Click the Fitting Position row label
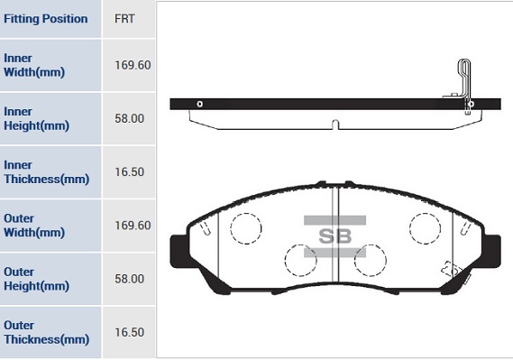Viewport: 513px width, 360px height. click(45, 19)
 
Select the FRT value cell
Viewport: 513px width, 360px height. click(124, 19)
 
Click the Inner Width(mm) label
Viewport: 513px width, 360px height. click(34, 65)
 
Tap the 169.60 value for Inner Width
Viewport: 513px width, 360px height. click(133, 65)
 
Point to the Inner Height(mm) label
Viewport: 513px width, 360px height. click(36, 118)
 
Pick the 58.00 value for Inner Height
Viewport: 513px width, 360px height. click(129, 118)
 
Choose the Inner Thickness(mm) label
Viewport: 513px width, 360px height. click(46, 172)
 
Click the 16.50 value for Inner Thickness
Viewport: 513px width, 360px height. click(129, 172)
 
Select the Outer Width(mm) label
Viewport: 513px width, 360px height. click(34, 226)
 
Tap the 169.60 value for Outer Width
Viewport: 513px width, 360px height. click(133, 226)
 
